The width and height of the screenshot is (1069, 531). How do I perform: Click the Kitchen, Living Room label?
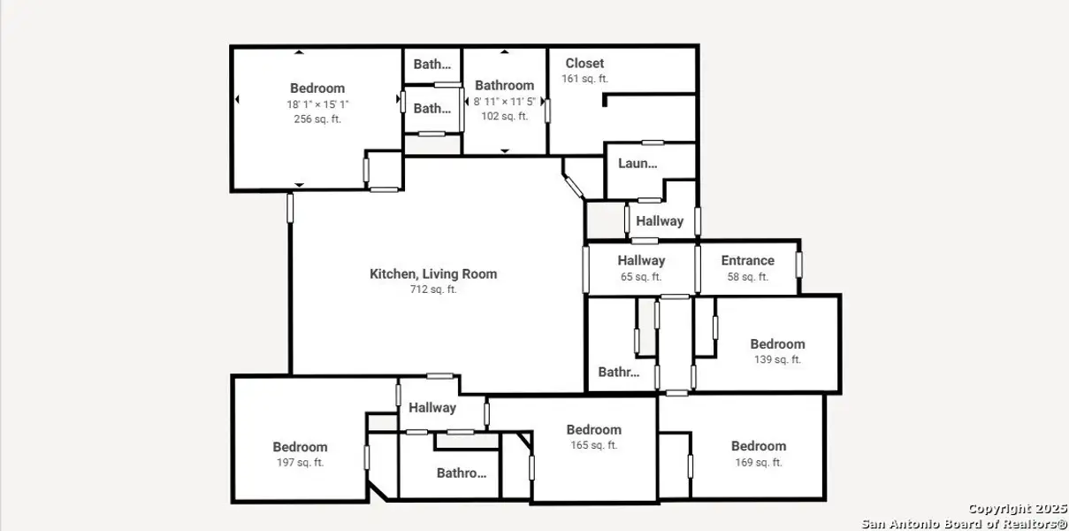[433, 274]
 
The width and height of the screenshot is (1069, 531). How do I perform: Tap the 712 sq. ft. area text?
[433, 289]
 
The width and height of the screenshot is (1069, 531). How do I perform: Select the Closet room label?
[584, 63]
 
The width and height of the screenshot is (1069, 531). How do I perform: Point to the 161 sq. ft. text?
[584, 79]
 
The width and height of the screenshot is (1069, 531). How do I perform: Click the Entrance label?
[747, 260]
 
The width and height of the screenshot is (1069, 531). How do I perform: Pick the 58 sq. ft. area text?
[747, 276]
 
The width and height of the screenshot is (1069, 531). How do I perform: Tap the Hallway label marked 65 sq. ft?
[641, 260]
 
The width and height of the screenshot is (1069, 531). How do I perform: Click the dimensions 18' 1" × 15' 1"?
[317, 104]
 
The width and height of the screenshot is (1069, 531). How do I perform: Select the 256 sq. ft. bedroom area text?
[317, 119]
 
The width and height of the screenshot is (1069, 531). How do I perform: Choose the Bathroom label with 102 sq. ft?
[504, 85]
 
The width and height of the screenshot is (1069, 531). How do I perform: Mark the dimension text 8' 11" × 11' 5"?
[504, 101]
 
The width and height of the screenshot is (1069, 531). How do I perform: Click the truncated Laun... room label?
[638, 163]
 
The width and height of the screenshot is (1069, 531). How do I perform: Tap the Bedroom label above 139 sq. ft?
[777, 344]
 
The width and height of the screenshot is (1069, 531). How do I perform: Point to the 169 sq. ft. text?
[758, 462]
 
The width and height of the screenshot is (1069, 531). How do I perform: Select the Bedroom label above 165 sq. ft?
[593, 429]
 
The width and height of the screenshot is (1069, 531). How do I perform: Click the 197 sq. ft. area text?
[300, 462]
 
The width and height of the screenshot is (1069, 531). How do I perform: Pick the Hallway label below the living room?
[431, 408]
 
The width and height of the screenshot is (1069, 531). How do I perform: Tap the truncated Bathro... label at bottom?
[461, 473]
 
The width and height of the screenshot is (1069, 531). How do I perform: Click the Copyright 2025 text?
[1017, 509]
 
